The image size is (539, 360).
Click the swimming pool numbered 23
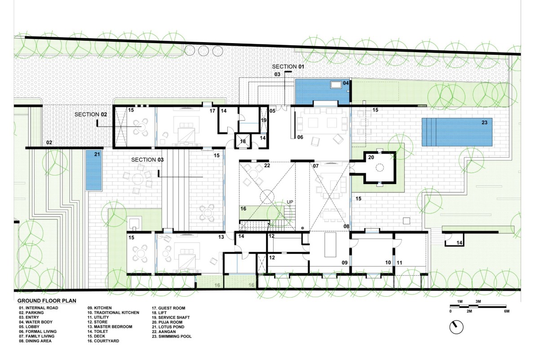coord(457,132)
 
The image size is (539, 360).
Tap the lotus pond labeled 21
coord(93,170)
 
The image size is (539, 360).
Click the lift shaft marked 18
coord(243,141)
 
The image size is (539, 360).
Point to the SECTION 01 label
coord(288,66)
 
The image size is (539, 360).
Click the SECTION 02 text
coord(90,114)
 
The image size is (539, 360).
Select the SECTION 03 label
coord(147,160)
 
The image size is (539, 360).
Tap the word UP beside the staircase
coord(290,202)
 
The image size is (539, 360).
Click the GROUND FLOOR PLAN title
coord(47,301)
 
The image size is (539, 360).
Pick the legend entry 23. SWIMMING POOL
coord(172,336)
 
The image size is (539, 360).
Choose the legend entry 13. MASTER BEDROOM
coord(110,327)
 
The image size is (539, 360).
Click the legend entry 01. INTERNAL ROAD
coord(39,308)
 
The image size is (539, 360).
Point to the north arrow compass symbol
coord(456,327)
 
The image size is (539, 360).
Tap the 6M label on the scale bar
coord(507,311)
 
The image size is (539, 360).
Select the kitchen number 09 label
coord(345,263)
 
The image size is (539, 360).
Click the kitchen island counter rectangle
coord(330,245)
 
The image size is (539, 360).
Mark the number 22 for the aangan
coord(267,166)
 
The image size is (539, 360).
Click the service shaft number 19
coord(264,120)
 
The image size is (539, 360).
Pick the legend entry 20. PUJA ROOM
coord(167,322)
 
